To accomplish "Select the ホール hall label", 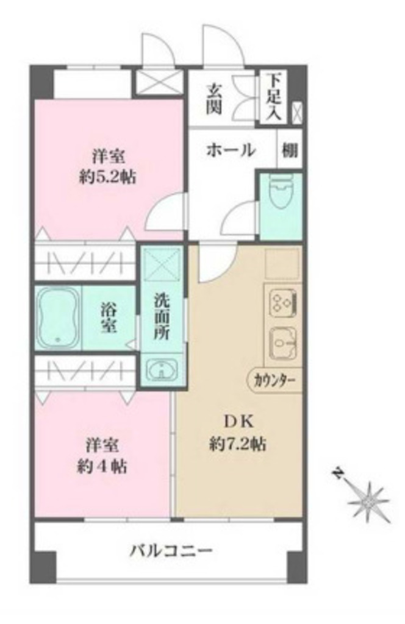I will (x=230, y=149).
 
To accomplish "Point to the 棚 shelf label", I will (x=290, y=149).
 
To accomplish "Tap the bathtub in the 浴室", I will (x=57, y=318).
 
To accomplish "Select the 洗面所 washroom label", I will (x=162, y=317).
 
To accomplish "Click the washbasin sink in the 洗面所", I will (x=161, y=370).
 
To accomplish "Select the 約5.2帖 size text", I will (x=107, y=177).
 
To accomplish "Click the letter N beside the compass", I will (x=337, y=473).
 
